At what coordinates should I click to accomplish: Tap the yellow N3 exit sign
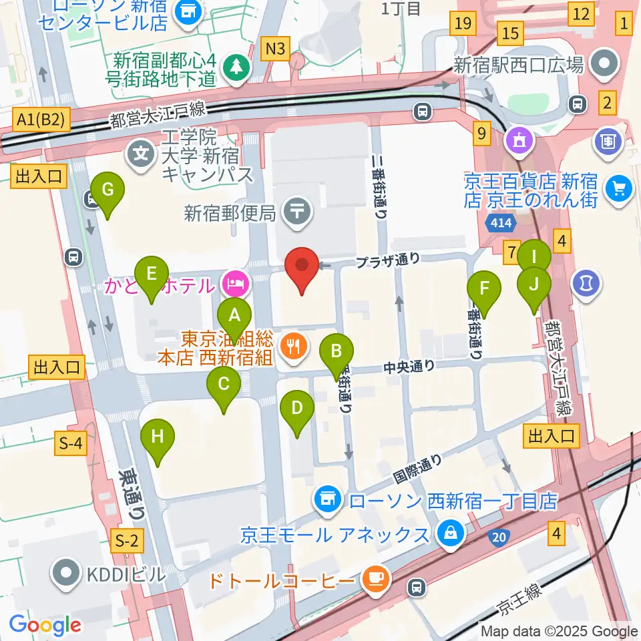click(276, 48)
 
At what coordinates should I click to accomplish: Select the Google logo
click(45, 625)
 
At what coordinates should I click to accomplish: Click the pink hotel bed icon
click(236, 285)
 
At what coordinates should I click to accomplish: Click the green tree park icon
click(236, 66)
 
